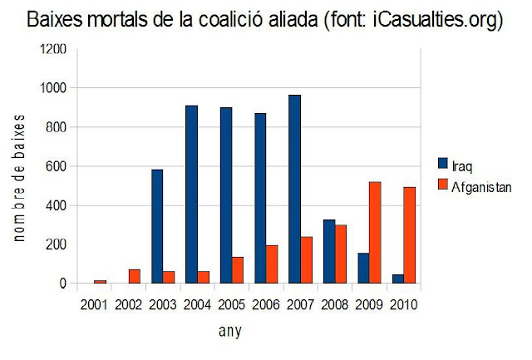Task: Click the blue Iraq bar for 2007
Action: pyautogui.click(x=294, y=189)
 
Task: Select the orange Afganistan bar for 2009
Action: pyautogui.click(x=375, y=233)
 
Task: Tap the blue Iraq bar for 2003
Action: pyautogui.click(x=157, y=226)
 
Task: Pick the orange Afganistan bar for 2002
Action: pyautogui.click(x=135, y=276)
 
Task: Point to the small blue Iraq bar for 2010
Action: pyautogui.click(x=398, y=279)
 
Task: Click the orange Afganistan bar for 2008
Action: pyautogui.click(x=341, y=254)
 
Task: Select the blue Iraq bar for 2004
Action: pyautogui.click(x=192, y=194)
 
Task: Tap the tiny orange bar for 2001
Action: pyautogui.click(x=100, y=282)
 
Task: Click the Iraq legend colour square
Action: pyautogui.click(x=443, y=163)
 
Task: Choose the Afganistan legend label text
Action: pyautogui.click(x=481, y=187)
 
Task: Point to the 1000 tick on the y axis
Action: pyautogui.click(x=53, y=88)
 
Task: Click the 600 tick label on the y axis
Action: pyautogui.click(x=56, y=166)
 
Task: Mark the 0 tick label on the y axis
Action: pyautogui.click(x=63, y=284)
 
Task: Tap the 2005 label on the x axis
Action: pyautogui.click(x=231, y=304)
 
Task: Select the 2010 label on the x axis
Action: pyautogui.click(x=403, y=304)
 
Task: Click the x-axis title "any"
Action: pyautogui.click(x=230, y=331)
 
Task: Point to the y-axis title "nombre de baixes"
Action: pyautogui.click(x=19, y=178)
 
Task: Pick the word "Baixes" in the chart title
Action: pyautogui.click(x=55, y=20)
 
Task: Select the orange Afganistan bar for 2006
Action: pyautogui.click(x=272, y=264)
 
